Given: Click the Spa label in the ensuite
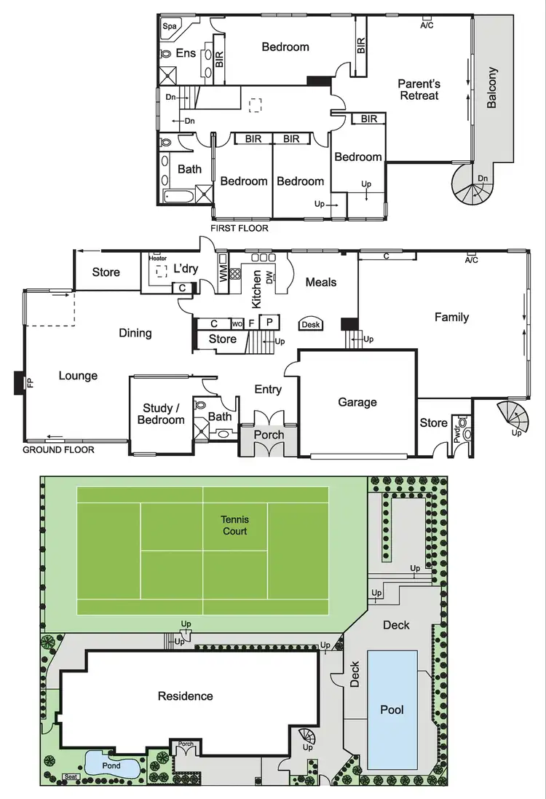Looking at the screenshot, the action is [170, 26].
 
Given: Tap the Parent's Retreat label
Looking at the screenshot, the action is [419, 90].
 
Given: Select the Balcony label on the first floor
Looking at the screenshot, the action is [492, 87].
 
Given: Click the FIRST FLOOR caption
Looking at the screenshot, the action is [239, 228].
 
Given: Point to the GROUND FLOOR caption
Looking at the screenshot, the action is [58, 449].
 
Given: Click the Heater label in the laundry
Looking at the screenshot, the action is [157, 258].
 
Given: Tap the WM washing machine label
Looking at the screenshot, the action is [223, 274].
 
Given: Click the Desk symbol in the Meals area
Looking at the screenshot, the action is [311, 325].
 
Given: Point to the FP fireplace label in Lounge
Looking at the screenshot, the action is [31, 382].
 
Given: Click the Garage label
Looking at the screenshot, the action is [357, 401].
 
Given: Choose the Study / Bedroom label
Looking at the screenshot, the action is [161, 414].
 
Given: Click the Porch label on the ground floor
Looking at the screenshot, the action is [268, 435].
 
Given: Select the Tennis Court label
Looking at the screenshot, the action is [235, 525].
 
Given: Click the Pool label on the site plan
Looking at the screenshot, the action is [392, 709].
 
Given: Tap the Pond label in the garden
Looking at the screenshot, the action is [111, 765].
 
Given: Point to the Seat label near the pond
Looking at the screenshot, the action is [70, 776].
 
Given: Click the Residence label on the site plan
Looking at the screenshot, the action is [186, 696].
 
